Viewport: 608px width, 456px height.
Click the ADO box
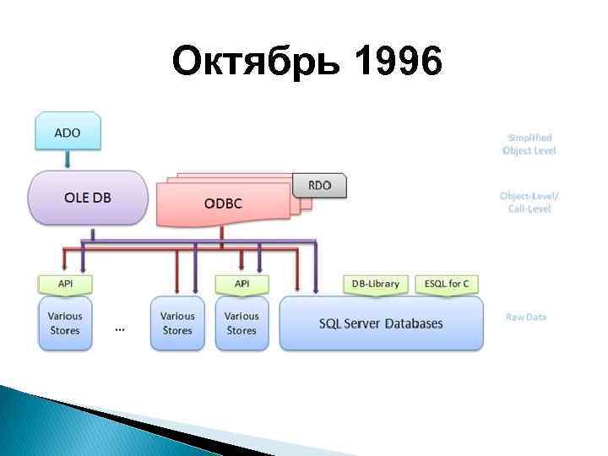(68, 133)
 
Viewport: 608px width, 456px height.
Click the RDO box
(319, 185)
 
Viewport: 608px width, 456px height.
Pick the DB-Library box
(376, 284)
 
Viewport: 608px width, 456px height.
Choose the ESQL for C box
(448, 284)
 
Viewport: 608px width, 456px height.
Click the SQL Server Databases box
(381, 323)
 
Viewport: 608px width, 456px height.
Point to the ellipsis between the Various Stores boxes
(120, 328)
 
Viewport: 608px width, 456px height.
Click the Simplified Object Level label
(529, 144)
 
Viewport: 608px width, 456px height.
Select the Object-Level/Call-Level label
(529, 202)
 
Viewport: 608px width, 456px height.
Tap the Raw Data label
(526, 317)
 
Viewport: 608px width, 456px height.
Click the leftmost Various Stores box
(65, 323)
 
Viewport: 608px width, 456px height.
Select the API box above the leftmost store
(65, 284)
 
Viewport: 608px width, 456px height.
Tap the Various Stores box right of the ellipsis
(177, 323)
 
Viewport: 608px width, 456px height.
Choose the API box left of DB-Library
(242, 284)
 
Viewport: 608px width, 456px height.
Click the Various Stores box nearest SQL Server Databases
(242, 323)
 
